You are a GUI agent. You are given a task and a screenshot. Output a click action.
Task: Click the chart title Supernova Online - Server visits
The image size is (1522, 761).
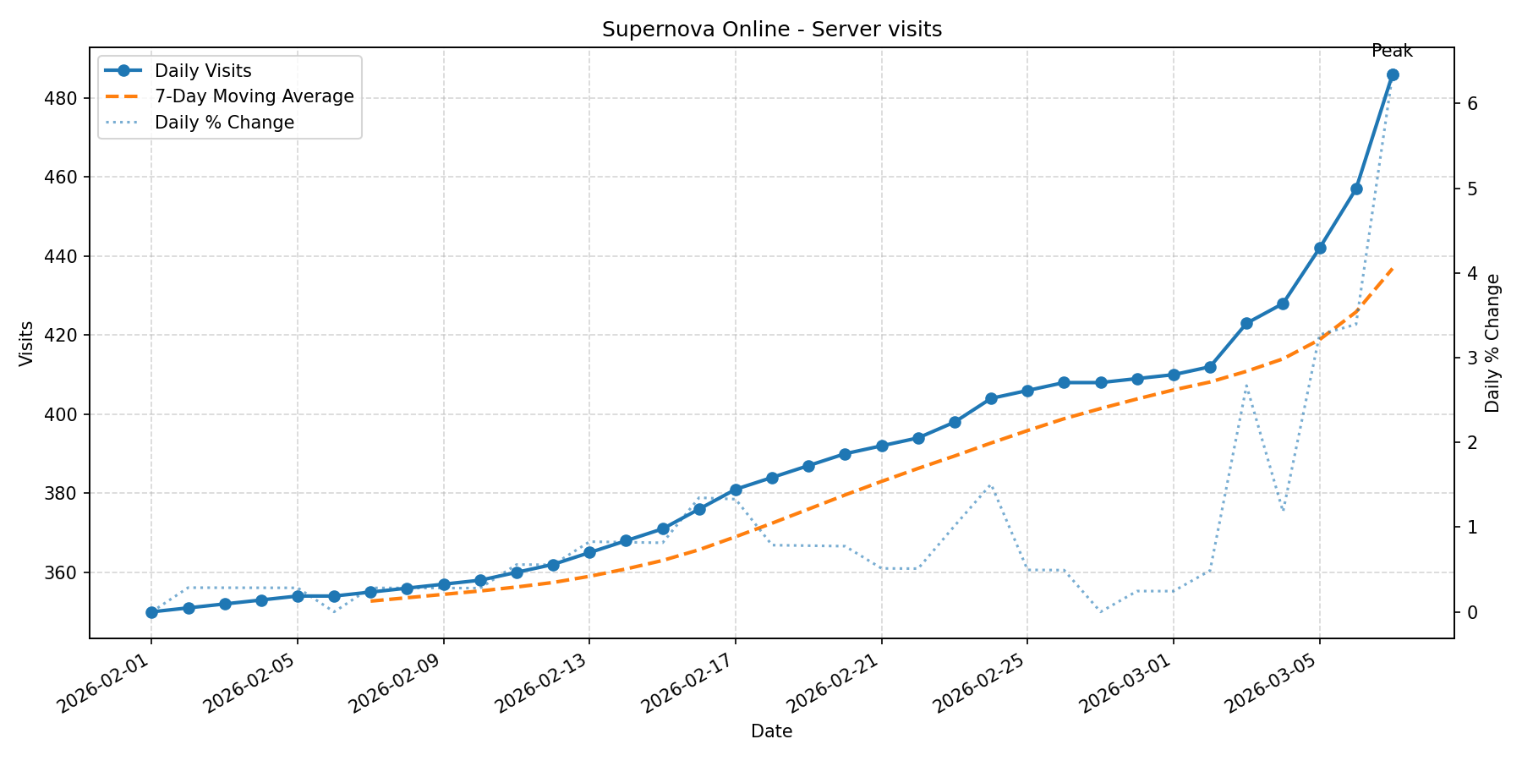click(x=771, y=30)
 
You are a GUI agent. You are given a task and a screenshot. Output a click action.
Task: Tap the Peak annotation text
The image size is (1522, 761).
click(x=1392, y=52)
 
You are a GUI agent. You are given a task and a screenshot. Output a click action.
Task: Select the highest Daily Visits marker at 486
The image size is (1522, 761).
click(x=1393, y=74)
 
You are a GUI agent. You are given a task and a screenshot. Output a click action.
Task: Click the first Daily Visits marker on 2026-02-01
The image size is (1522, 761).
click(x=151, y=612)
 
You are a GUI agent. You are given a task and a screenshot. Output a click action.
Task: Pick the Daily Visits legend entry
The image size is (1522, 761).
click(x=203, y=71)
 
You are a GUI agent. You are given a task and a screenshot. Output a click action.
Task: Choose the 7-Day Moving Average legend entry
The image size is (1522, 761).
click(x=254, y=96)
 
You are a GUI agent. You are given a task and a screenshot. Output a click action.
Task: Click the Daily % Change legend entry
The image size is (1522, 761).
click(x=224, y=123)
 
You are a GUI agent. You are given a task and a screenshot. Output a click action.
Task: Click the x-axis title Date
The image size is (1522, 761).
click(x=771, y=732)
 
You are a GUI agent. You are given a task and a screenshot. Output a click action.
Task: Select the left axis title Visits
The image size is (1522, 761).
click(x=27, y=342)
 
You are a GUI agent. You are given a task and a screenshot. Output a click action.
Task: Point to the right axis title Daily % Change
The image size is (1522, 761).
click(x=1492, y=342)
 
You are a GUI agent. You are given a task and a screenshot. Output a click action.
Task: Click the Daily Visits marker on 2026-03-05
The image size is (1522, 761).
click(x=1320, y=248)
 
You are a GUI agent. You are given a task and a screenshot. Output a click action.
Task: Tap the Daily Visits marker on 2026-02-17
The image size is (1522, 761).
click(x=736, y=490)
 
